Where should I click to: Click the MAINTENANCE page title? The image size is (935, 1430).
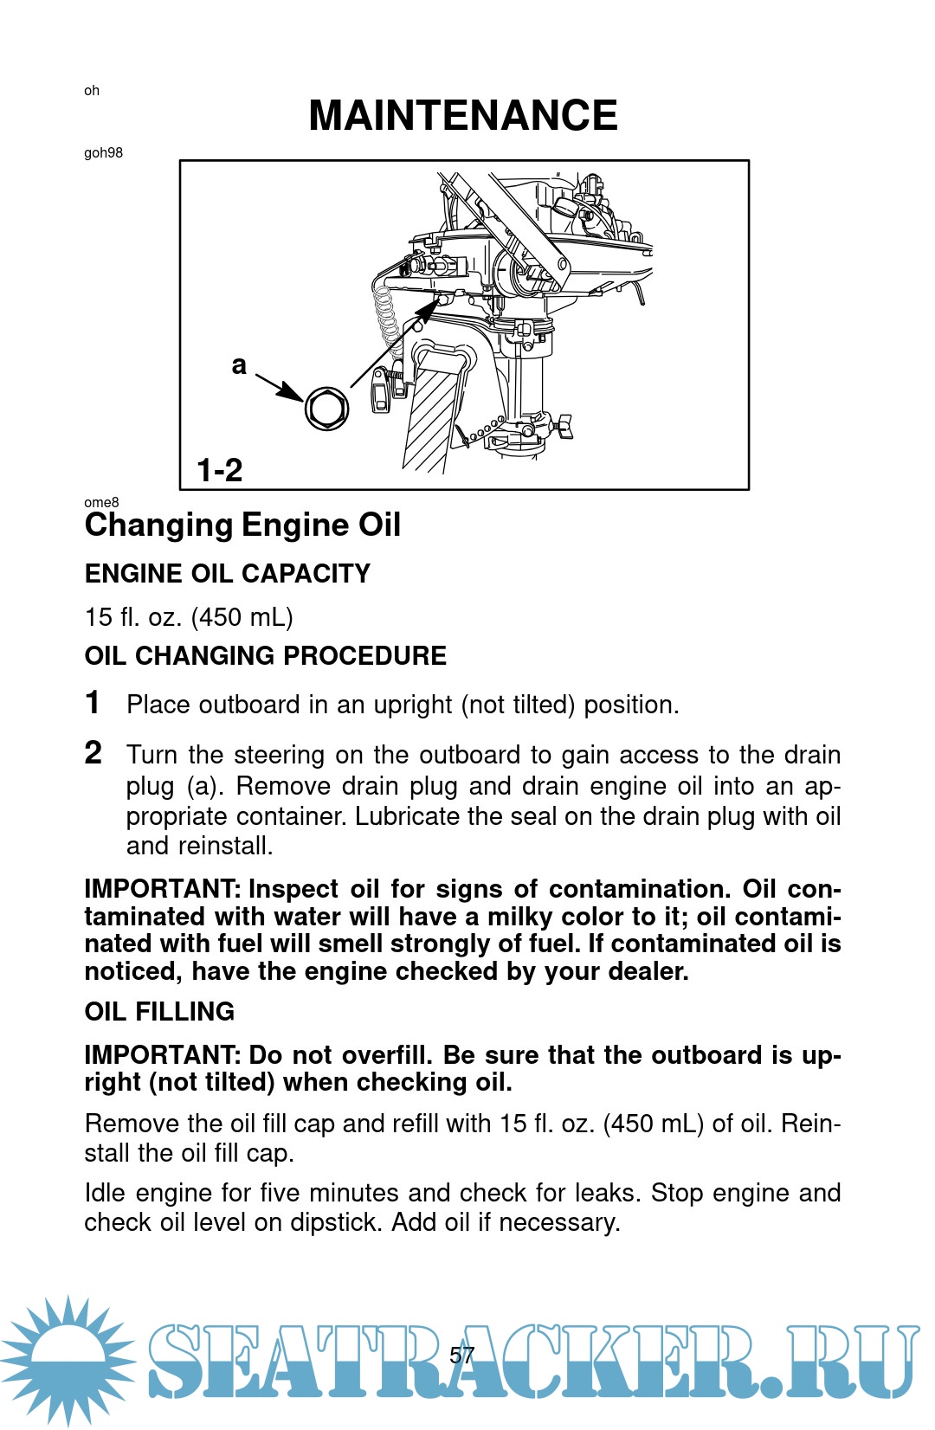[x=463, y=115]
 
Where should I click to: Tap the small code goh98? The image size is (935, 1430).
[x=104, y=153]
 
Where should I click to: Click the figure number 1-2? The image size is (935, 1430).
[x=220, y=471]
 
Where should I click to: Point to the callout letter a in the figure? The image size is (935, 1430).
[x=239, y=366]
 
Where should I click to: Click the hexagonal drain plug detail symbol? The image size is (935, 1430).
[x=326, y=409]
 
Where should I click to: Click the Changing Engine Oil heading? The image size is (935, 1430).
[x=242, y=525]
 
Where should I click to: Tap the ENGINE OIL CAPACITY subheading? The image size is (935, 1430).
[x=228, y=574]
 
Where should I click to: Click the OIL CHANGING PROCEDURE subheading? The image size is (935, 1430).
[x=266, y=656]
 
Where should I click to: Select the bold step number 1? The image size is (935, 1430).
[x=93, y=703]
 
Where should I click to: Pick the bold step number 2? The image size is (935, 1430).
[x=93, y=753]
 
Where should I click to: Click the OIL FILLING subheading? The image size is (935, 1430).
[x=159, y=1012]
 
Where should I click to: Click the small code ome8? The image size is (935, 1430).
[x=101, y=502]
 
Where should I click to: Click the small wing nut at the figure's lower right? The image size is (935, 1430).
[x=564, y=427]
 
